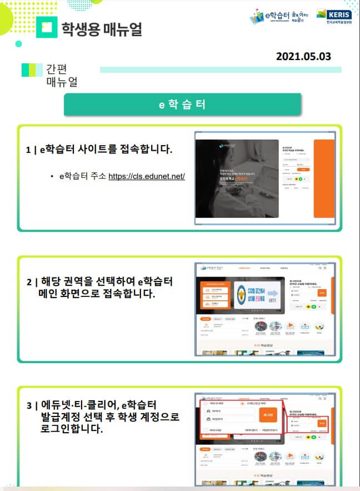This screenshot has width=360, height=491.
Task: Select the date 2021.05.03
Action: (x=303, y=56)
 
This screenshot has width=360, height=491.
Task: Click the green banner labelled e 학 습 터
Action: (x=182, y=105)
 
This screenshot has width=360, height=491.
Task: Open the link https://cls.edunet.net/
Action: (x=146, y=176)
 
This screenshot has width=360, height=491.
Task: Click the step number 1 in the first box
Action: (x=28, y=150)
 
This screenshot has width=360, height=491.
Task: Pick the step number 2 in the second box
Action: (x=28, y=281)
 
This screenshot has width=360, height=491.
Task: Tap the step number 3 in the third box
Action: (x=28, y=405)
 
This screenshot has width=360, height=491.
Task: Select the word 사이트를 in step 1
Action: (x=91, y=150)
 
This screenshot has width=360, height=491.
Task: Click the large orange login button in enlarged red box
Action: (x=268, y=414)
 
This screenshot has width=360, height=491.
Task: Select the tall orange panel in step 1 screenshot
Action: (x=323, y=178)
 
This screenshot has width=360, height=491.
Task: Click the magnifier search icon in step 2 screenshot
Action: (x=319, y=268)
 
